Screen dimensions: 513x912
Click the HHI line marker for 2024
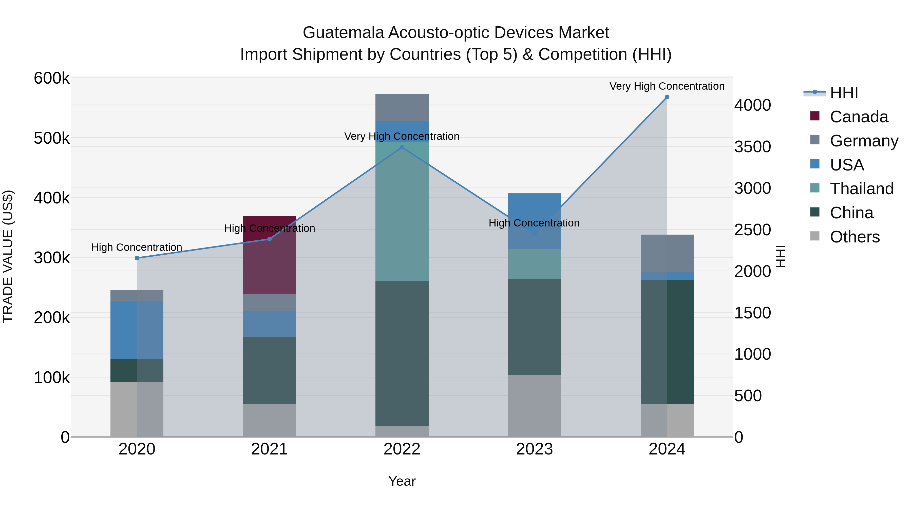pos(667,97)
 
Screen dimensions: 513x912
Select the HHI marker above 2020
pos(137,258)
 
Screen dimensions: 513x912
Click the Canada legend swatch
pos(815,116)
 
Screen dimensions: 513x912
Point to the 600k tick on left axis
pos(52,78)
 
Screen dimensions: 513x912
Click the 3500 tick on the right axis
pos(752,147)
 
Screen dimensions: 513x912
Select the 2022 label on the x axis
pos(402,449)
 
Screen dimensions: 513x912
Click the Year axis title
pos(402,481)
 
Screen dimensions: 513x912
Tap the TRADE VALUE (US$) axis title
pos(8,256)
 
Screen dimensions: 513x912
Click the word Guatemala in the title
pos(343,33)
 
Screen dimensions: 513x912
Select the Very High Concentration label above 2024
pos(667,86)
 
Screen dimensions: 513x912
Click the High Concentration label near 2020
pos(137,247)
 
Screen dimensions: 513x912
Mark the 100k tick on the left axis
pos(52,378)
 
